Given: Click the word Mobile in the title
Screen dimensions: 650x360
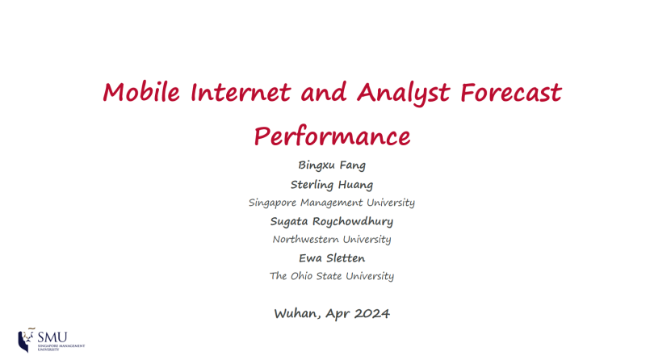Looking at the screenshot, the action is click(x=141, y=91).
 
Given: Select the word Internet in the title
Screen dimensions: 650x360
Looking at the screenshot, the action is click(x=241, y=91).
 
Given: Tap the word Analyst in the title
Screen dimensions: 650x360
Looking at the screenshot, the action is click(x=403, y=93).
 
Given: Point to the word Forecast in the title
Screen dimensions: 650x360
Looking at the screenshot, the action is click(x=510, y=91).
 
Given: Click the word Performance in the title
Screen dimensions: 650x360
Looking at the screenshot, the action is click(x=332, y=136).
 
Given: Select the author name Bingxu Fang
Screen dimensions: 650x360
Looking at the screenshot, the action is click(x=332, y=165).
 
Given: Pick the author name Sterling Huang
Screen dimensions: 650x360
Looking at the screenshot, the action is click(x=332, y=185).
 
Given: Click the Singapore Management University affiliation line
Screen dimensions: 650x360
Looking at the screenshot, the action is click(x=332, y=203).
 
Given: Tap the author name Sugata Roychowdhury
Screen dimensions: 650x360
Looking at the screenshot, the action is click(x=332, y=222).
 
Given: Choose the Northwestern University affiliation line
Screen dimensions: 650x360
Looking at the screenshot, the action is click(x=332, y=240).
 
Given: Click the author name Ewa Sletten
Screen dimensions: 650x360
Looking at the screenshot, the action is click(x=332, y=258).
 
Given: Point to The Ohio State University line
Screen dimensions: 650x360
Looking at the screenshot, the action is click(x=332, y=276).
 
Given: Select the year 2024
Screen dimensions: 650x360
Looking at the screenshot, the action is click(x=372, y=314).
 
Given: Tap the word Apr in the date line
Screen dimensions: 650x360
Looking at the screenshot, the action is click(x=338, y=314).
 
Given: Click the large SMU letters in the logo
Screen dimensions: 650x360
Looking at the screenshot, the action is click(x=52, y=337).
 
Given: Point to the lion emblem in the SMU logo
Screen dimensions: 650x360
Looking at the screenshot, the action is click(x=27, y=340).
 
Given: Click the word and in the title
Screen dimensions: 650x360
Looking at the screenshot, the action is click(x=324, y=91).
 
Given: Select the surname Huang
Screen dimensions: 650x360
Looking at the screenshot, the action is click(x=355, y=185).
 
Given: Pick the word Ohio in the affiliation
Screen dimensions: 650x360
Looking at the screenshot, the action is click(x=301, y=276).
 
